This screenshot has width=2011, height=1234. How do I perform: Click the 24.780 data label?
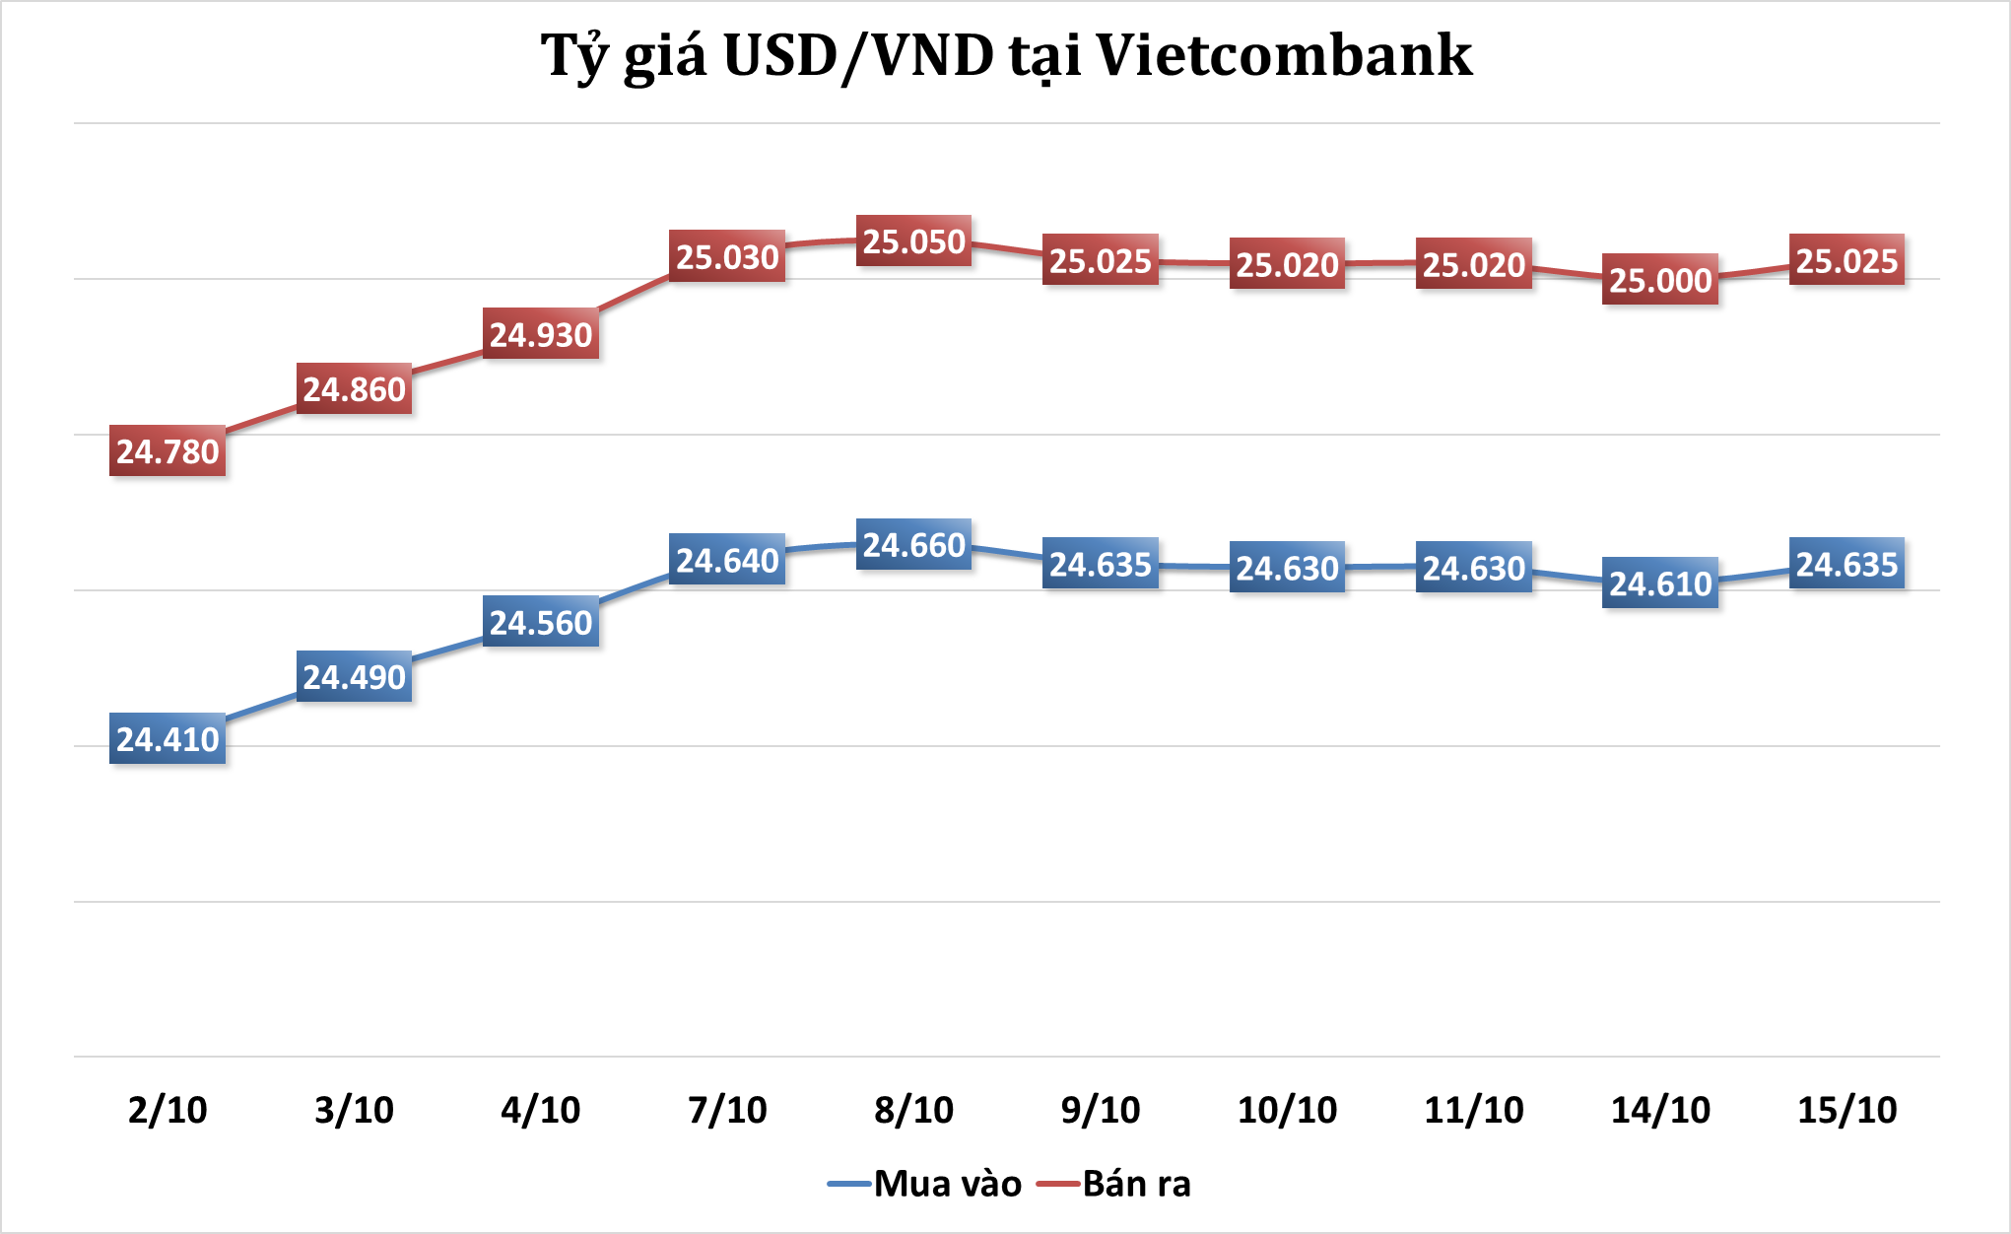click(168, 451)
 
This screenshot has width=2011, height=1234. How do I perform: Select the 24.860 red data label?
click(354, 389)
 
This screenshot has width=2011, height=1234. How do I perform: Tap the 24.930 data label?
click(541, 335)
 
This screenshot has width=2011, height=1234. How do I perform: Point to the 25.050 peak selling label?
click(913, 241)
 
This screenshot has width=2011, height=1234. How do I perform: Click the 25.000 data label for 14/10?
click(1660, 281)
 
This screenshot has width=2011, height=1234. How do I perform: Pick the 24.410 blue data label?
click(168, 739)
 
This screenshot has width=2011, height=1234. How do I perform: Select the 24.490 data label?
click(354, 677)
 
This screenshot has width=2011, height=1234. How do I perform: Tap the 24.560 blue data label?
click(541, 623)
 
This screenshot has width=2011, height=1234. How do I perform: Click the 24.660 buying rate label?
click(913, 545)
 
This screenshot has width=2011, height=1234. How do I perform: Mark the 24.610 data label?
click(1660, 583)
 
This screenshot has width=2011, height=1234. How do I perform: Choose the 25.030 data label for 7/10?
click(727, 257)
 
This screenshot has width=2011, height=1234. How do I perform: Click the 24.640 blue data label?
click(727, 561)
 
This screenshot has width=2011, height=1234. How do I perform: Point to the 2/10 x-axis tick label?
click(168, 1110)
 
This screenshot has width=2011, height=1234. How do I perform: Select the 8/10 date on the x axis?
click(913, 1110)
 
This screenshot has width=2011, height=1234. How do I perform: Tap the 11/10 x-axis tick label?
click(1473, 1110)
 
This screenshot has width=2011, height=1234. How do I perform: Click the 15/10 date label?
click(1846, 1110)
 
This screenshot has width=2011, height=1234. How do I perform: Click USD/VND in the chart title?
click(858, 55)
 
